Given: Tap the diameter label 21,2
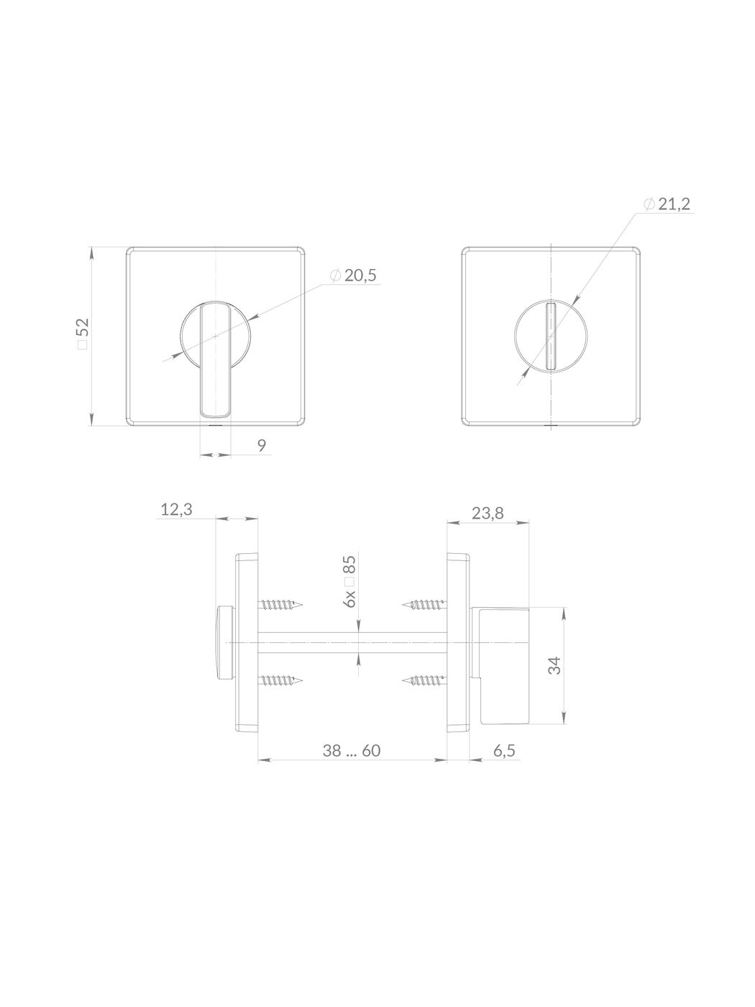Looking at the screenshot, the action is click(674, 204).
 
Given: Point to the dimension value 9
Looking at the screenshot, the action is click(261, 445).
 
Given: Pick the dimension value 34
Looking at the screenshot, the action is click(554, 665).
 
